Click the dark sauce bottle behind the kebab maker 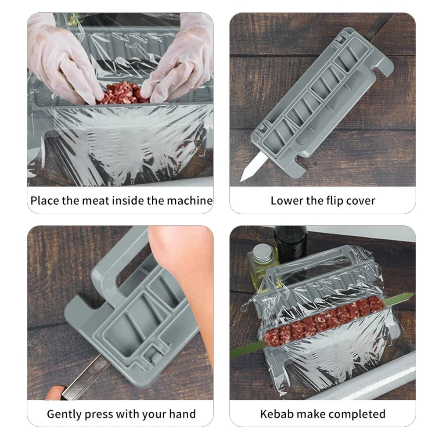(x=290, y=244)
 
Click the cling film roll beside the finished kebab (x=369, y=378)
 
